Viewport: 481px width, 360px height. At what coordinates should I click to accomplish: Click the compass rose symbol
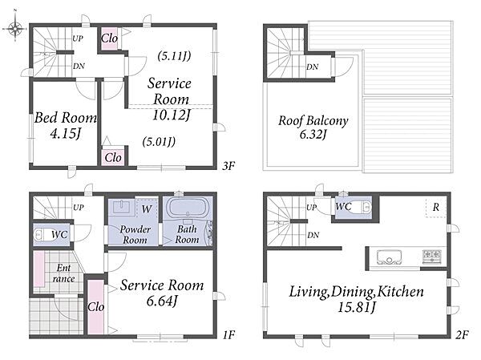tap(15, 28)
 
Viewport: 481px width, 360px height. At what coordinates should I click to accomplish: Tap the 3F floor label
tap(228, 166)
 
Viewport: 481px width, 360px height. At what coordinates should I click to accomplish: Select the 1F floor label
tap(228, 334)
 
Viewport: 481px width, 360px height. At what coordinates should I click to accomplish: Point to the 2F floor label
tap(462, 335)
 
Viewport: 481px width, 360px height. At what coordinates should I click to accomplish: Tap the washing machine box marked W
tap(147, 209)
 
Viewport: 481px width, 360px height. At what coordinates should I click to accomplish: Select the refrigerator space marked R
tap(435, 208)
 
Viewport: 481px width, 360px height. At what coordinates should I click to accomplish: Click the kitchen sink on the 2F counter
tap(390, 257)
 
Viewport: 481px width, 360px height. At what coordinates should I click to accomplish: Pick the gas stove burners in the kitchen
tap(432, 257)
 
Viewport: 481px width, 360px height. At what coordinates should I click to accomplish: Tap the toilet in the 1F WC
tap(43, 235)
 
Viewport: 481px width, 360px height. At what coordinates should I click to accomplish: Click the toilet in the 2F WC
tap(362, 208)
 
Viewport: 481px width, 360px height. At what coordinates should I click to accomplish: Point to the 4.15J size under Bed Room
tap(66, 134)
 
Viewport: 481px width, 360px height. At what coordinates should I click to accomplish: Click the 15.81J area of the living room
tap(357, 307)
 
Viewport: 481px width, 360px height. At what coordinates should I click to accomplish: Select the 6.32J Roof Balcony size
tap(313, 135)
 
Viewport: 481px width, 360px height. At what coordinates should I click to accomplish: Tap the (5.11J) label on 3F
tap(174, 56)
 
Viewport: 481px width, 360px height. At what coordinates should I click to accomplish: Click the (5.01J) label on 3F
tap(159, 142)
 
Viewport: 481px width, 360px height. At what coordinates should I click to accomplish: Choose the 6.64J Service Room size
tap(162, 301)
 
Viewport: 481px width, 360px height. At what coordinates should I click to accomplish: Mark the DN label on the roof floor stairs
tap(313, 67)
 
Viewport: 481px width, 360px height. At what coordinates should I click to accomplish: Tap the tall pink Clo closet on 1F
tap(95, 307)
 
